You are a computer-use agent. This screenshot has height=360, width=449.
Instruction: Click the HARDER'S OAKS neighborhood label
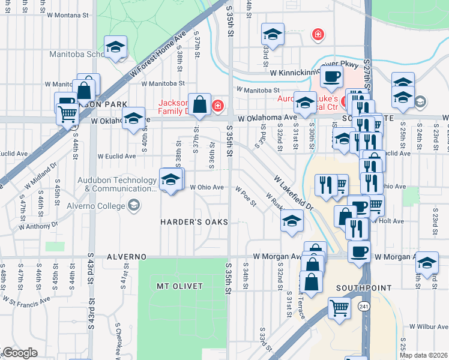[x=194, y=222]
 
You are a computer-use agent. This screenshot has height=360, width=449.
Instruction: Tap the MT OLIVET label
[x=179, y=286]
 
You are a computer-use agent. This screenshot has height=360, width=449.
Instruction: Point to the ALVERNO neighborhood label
[x=127, y=257]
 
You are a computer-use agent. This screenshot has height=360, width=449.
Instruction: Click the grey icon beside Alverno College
[x=134, y=206]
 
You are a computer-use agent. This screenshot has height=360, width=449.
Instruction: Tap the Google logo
[x=20, y=353]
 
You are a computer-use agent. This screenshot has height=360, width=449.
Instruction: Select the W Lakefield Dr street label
[x=294, y=192]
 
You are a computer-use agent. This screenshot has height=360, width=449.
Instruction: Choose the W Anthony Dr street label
[x=38, y=226]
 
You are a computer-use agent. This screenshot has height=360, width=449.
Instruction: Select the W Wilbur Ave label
[x=429, y=326]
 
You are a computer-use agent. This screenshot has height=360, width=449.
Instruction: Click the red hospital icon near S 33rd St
[x=317, y=35]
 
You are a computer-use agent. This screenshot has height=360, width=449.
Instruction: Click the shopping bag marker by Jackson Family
[x=199, y=104]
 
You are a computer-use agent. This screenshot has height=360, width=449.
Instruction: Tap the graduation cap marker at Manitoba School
[x=115, y=47]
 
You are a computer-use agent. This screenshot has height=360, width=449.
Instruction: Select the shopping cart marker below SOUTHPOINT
[x=339, y=308]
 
